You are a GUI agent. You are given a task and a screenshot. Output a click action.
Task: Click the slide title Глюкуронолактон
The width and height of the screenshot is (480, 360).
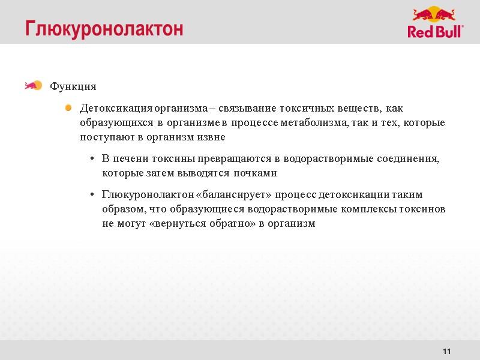point(104,29)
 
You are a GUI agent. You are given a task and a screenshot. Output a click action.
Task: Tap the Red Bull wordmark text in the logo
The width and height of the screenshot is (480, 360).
point(435,31)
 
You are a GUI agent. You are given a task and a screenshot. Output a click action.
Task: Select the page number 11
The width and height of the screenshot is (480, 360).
point(446,351)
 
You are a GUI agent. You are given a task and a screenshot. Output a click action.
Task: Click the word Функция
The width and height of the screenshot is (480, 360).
point(73,86)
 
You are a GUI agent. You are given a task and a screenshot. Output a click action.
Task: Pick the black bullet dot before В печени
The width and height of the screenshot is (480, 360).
point(90,159)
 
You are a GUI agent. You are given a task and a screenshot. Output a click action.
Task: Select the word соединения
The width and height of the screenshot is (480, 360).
point(407,159)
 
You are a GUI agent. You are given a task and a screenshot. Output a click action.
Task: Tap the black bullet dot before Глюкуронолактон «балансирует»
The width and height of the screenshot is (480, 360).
point(90,195)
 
